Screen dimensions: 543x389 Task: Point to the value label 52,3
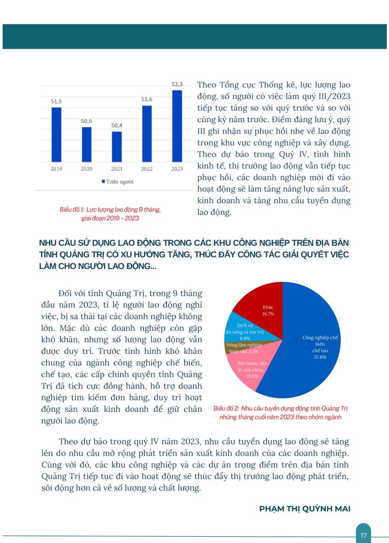tap(177, 84)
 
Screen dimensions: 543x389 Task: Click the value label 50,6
tap(86, 121)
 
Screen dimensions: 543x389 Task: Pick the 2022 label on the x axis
tap(147, 168)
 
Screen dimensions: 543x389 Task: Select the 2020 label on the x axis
tap(86, 168)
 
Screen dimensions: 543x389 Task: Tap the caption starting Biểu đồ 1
tap(110, 214)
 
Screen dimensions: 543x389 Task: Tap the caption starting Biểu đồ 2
tap(280, 413)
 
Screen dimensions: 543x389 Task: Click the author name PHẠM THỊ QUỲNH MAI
tap(304, 509)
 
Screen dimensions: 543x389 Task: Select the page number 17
tap(363, 536)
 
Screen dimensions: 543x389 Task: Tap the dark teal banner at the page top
tap(194, 36)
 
